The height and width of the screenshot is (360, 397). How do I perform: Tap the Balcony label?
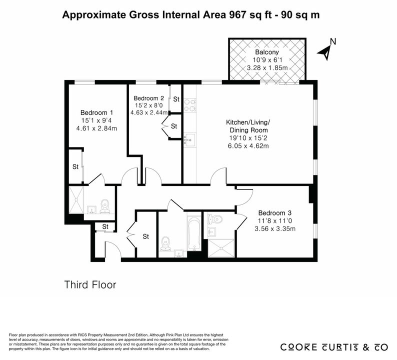click(267, 52)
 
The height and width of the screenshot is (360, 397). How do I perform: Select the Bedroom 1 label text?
click(96, 112)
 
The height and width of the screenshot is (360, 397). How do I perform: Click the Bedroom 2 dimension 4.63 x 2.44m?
click(149, 112)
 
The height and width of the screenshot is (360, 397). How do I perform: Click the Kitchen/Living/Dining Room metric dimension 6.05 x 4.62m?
click(248, 146)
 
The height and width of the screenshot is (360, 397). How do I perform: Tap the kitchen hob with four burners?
click(190, 105)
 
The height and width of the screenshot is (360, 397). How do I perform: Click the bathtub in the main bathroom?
click(194, 233)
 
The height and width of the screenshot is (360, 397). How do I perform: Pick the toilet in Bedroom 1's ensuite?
click(104, 206)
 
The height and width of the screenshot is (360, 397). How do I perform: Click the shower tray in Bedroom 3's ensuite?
click(221, 248)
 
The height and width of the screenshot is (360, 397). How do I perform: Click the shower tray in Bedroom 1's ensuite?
click(76, 200)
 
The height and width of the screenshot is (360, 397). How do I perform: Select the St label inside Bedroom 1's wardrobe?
click(75, 167)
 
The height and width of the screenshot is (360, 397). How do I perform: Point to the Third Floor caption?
click(90, 285)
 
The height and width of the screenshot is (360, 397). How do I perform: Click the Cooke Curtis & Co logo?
click(334, 347)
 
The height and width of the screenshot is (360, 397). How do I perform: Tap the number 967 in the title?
click(237, 14)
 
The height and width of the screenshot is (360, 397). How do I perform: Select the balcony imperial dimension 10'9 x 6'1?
click(267, 60)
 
